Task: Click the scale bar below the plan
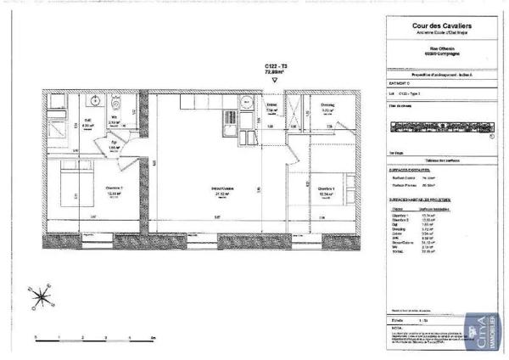click(92, 338)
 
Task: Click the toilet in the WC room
click(117, 106)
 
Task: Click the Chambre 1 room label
click(325, 190)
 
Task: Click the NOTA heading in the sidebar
click(392, 327)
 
